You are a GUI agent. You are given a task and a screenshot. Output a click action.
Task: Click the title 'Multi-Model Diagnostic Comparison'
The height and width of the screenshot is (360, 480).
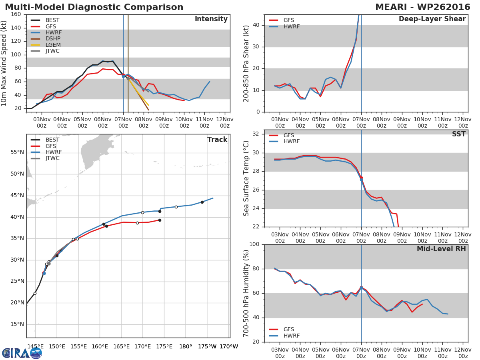coord(94,7)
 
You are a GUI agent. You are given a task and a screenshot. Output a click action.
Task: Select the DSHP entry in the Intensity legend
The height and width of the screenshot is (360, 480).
coord(52,39)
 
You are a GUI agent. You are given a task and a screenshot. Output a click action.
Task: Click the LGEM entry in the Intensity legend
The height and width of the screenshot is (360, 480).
coord(52,45)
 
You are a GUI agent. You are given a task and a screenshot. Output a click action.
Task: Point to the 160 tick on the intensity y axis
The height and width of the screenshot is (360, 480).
coord(16,14)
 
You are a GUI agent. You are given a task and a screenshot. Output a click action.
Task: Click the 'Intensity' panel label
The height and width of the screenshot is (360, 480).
coord(211,19)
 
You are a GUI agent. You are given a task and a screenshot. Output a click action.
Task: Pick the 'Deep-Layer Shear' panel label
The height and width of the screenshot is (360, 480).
coord(432,19)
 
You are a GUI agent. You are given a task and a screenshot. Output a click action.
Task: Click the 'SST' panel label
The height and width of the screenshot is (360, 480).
coord(458,134)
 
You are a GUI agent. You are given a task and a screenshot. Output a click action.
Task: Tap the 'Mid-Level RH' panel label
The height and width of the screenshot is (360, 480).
coord(441,249)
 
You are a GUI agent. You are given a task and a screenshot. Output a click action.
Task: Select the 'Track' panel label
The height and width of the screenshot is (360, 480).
coord(217,140)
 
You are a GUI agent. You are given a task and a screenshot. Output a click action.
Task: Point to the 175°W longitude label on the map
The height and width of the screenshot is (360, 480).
coord(207,346)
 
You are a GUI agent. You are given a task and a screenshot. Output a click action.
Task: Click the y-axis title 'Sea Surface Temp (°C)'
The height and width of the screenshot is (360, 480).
coord(246,178)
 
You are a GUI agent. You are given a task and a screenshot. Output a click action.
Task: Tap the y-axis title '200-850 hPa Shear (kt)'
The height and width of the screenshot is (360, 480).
coord(246,63)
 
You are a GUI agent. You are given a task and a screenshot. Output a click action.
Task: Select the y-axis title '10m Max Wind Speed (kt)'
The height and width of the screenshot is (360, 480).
coord(4,63)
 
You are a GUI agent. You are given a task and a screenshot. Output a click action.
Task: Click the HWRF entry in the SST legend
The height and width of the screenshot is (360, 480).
coord(291,142)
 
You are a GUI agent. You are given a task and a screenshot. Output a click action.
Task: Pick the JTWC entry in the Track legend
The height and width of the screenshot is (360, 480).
coord(52,158)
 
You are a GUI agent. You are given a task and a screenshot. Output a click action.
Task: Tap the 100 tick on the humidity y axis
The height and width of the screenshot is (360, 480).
coord(254,244)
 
